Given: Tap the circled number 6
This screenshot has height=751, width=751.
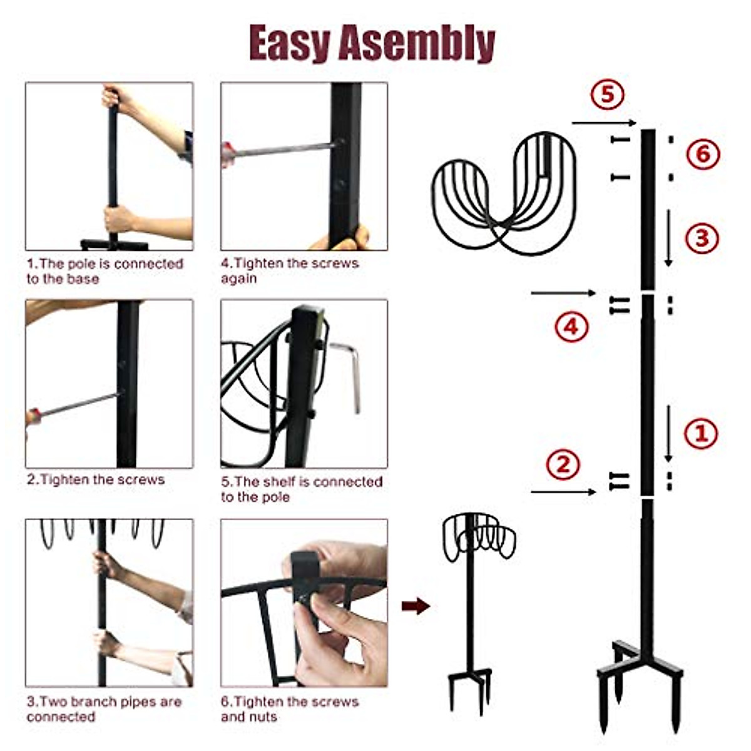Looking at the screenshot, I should click(x=703, y=153).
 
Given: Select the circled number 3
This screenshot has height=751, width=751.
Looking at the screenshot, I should click(x=702, y=238).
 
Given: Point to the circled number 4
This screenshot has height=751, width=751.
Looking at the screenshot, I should click(x=571, y=326).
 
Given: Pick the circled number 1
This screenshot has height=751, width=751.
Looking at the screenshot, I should click(x=700, y=433).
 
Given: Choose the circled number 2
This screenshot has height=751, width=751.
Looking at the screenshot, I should click(x=563, y=465).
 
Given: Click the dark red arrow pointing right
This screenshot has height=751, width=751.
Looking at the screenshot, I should click(x=416, y=605).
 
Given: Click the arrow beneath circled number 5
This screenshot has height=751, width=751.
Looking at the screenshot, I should click(x=603, y=123).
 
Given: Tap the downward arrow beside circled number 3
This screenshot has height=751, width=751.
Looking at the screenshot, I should click(x=668, y=238).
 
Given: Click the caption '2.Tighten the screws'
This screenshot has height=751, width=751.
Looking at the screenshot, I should click(x=96, y=480).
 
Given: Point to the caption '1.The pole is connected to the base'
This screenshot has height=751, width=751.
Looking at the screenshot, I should click(x=105, y=271).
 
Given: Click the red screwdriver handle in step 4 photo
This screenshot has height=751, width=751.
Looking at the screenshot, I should click(x=227, y=153).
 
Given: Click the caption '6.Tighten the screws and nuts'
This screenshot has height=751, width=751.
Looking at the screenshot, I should click(x=289, y=709).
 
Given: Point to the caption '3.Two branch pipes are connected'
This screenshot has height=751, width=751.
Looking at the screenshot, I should click(x=104, y=709).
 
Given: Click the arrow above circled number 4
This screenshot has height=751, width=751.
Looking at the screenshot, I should click(x=563, y=293).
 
